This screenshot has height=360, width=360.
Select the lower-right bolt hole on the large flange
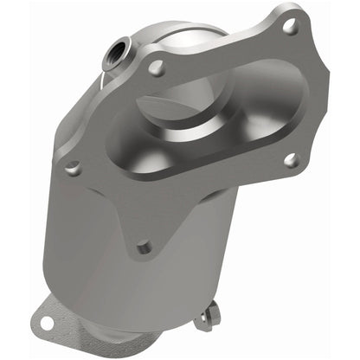(x=291, y=159)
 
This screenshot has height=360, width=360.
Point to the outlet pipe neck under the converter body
(x=121, y=333)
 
